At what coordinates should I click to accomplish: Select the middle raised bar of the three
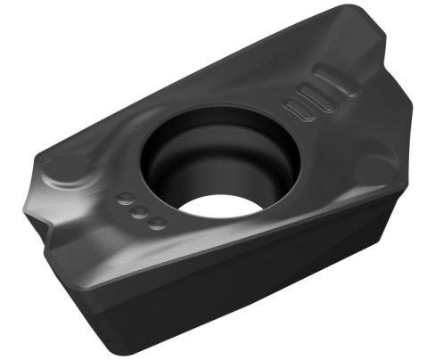tap(308, 96)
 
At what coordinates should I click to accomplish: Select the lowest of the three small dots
tap(157, 221)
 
